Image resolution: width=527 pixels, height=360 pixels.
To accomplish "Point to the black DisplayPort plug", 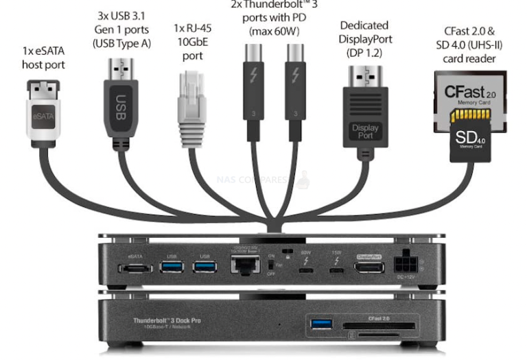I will click(364, 110).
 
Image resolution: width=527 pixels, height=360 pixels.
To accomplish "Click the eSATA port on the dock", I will click(135, 267).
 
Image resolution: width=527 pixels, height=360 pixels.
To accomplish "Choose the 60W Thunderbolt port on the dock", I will click(304, 268).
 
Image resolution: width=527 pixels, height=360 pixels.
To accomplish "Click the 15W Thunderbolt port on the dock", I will click(336, 268).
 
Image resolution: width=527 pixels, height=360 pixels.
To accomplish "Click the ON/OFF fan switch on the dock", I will click(282, 264).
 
